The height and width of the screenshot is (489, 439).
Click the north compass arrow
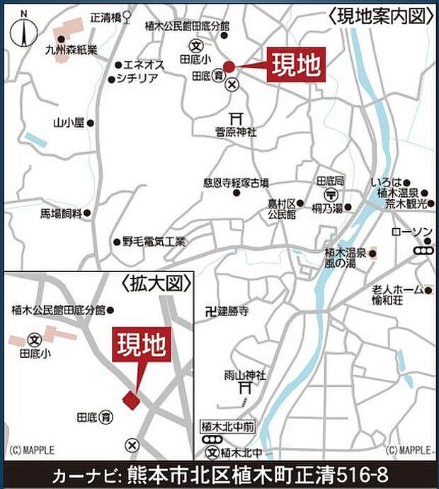click(x=24, y=31)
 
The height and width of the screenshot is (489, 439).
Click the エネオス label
click(x=144, y=64)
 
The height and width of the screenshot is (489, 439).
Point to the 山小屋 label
click(x=69, y=123)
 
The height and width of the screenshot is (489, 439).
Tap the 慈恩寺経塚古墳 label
click(x=236, y=182)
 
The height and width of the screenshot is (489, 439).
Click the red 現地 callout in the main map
click(x=295, y=66)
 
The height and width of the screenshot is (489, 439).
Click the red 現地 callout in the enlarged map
click(x=142, y=347)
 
